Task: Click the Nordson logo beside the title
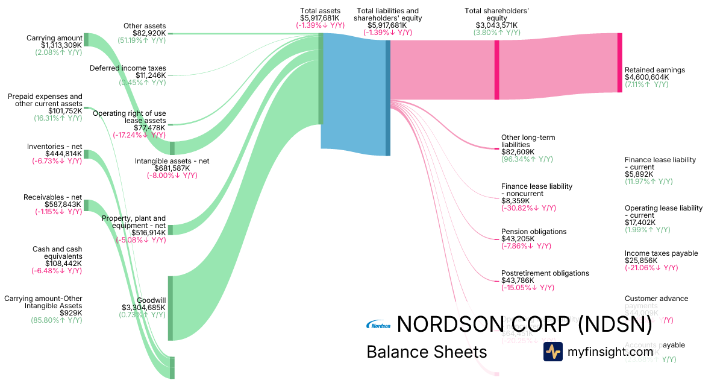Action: tap(378, 326)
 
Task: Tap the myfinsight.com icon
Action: tap(552, 352)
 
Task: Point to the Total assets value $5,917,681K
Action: tap(320, 18)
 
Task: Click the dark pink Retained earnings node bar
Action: tap(619, 63)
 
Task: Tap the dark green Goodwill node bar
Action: tap(171, 308)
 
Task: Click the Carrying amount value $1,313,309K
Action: tap(61, 45)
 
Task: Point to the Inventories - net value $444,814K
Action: tap(63, 154)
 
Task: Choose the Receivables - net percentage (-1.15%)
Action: tap(57, 212)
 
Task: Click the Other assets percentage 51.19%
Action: tap(142, 40)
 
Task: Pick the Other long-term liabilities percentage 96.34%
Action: tap(527, 159)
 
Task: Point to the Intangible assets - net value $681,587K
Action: tap(172, 168)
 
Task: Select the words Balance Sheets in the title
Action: tap(426, 352)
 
